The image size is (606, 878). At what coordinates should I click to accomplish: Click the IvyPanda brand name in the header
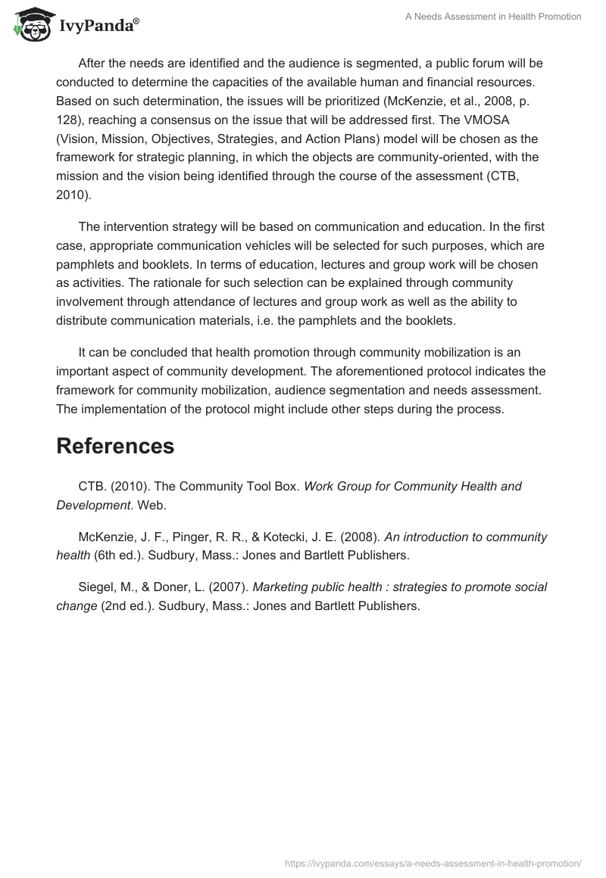[x=98, y=26]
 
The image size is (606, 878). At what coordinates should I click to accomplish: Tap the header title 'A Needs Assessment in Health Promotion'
[x=493, y=17]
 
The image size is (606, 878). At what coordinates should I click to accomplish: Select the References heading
[x=115, y=446]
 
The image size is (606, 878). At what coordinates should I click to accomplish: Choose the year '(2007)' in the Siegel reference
[x=226, y=587]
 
